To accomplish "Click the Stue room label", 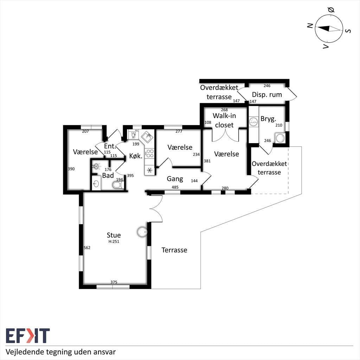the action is click(x=114, y=235).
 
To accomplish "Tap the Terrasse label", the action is click(x=174, y=250).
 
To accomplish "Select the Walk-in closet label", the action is click(x=224, y=120).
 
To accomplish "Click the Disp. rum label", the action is click(x=267, y=95).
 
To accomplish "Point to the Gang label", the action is click(x=175, y=179).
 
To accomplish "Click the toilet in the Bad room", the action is click(x=118, y=185).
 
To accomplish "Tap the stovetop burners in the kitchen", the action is click(x=150, y=153).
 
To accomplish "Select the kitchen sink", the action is click(x=147, y=137).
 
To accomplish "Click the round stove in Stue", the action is click(x=142, y=232).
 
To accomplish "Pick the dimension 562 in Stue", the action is click(x=87, y=248).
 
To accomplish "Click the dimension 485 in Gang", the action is click(x=175, y=187).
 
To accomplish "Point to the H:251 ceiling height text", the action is click(x=114, y=242).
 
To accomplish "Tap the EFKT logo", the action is click(x=28, y=336).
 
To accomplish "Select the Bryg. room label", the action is click(x=268, y=119).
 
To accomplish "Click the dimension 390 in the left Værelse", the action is click(x=71, y=169).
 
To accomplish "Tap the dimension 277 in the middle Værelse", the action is click(x=179, y=131).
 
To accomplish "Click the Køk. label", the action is click(x=136, y=156).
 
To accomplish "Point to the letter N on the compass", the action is click(x=310, y=25).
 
